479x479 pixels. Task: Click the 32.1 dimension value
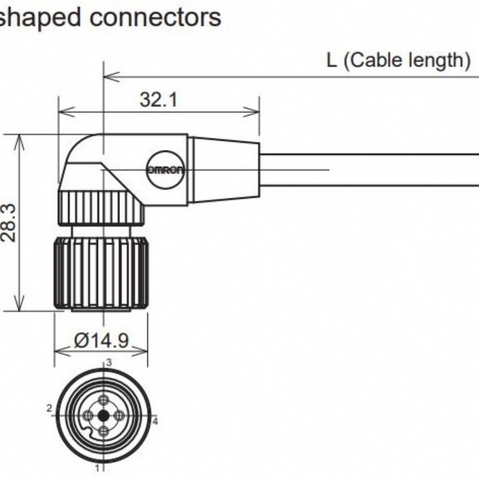pyautogui.click(x=159, y=100)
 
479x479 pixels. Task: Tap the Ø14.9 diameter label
pyautogui.click(x=102, y=341)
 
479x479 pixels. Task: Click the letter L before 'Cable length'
pyautogui.click(x=331, y=60)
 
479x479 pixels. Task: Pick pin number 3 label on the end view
pyautogui.click(x=109, y=363)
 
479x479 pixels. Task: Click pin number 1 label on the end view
pyautogui.click(x=97, y=467)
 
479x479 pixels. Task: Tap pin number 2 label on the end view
pyautogui.click(x=49, y=408)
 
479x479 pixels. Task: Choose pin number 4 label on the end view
pyautogui.click(x=155, y=422)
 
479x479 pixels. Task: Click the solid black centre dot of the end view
pyautogui.click(x=103, y=415)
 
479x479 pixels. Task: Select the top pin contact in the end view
pyautogui.click(x=103, y=400)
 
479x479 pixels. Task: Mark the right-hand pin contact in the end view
pyautogui.click(x=118, y=415)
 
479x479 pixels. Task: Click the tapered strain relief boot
pyautogui.click(x=224, y=170)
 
